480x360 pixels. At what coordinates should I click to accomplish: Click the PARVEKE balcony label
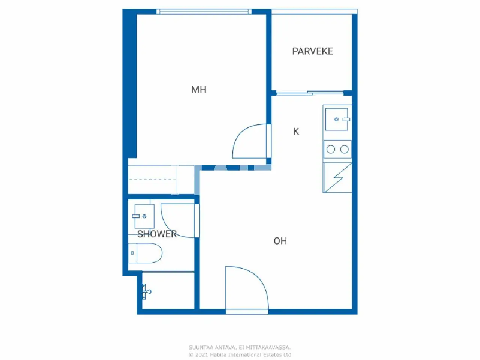point(313,51)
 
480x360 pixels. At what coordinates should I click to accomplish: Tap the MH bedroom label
point(199,89)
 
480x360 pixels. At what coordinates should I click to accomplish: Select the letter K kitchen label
point(296,132)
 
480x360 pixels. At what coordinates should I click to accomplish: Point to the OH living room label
point(280,241)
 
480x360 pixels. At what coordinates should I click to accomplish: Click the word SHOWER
point(157,234)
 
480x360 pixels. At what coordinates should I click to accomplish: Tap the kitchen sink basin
point(336,119)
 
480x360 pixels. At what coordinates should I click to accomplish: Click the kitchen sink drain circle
point(336,119)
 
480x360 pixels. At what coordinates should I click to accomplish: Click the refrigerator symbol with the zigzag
point(337,178)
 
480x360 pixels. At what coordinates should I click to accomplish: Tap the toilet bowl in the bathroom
point(149,253)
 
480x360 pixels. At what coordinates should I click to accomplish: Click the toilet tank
point(132,253)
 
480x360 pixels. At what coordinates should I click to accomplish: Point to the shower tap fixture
point(146,291)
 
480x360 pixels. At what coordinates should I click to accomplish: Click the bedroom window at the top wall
point(204,12)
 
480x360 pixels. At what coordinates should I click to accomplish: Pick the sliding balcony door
point(310,93)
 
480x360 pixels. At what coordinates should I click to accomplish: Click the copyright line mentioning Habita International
point(240,355)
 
